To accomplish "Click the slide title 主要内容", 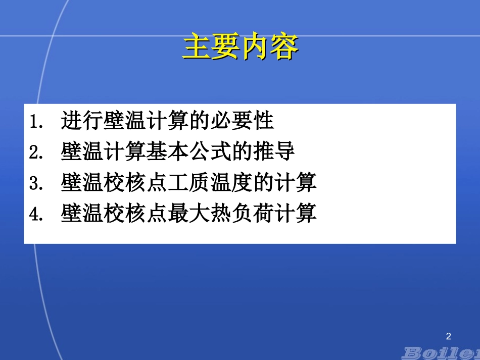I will tap(240, 46).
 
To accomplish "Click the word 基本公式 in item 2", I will tap(188, 152).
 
